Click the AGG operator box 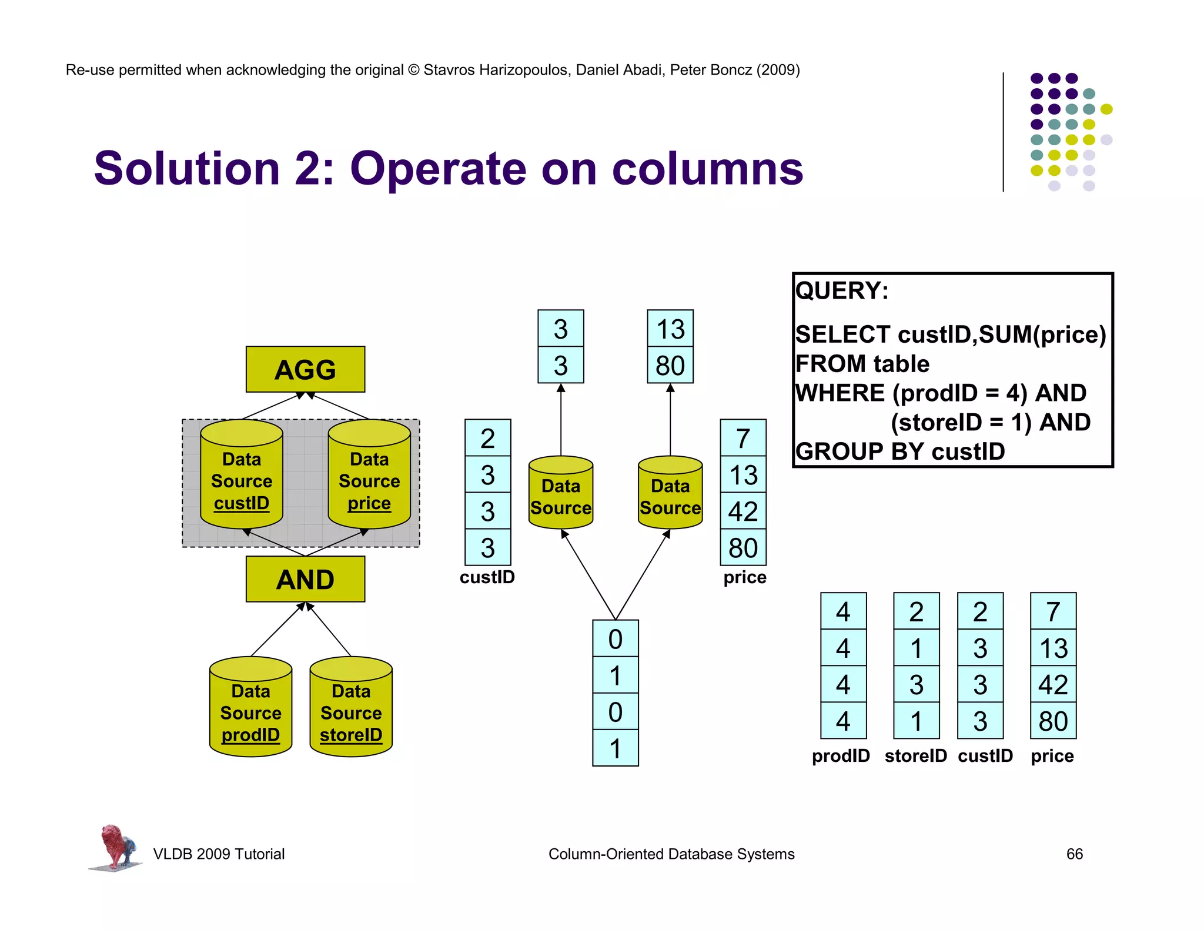(305, 369)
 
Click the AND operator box (305, 579)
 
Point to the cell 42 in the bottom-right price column (1053, 684)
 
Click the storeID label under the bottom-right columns (915, 755)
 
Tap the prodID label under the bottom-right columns (841, 755)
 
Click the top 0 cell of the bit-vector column (615, 639)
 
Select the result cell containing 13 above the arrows (670, 329)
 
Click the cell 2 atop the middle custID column (487, 438)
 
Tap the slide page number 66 (1074, 854)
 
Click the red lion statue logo (116, 847)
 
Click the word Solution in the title (187, 169)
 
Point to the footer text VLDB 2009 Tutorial (219, 854)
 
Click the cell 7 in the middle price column (743, 438)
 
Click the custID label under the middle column (487, 577)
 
